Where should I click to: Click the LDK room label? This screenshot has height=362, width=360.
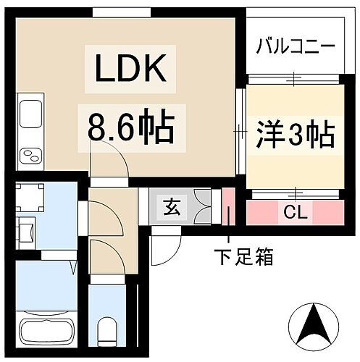[x=129, y=70]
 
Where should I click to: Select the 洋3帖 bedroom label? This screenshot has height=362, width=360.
[x=294, y=135]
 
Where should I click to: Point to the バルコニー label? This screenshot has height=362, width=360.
[x=296, y=49]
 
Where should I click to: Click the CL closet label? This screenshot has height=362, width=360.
[x=294, y=212]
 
